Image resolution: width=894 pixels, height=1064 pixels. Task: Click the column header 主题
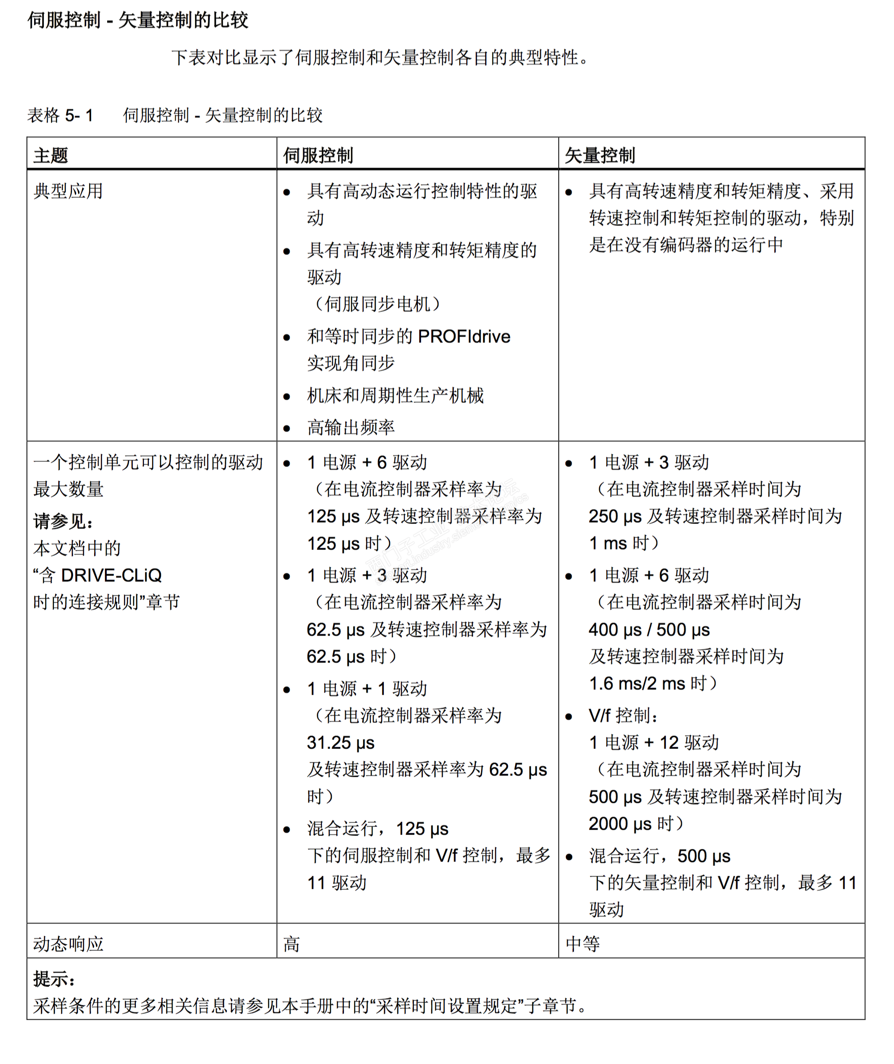pos(51,155)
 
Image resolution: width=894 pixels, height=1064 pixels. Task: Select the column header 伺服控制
pos(318,155)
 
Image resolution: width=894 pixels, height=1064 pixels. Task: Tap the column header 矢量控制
pos(599,155)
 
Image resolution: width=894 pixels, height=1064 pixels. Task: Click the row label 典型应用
pos(69,191)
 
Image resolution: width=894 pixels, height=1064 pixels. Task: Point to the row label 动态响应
pos(69,943)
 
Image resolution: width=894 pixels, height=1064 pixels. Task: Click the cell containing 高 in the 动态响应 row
pos(292,943)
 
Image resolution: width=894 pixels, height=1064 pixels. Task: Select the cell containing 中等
pos(583,943)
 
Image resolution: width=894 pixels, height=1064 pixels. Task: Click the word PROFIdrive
pos(464,337)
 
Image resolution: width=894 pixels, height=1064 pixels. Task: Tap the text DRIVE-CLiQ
pos(111,575)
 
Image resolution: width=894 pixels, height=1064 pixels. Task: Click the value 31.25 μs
pos(341,743)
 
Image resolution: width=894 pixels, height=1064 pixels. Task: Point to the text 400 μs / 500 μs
pos(649,630)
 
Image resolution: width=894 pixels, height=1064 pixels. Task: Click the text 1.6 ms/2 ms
pos(637,683)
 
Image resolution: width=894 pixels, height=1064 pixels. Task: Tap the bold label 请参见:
pos(63,521)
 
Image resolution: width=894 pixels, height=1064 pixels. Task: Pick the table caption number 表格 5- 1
pos(61,116)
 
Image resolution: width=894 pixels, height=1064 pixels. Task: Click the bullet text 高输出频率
pos(351,428)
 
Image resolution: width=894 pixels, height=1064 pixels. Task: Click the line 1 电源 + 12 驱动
pos(654,743)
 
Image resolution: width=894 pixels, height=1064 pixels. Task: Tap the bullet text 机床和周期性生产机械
pos(395,396)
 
